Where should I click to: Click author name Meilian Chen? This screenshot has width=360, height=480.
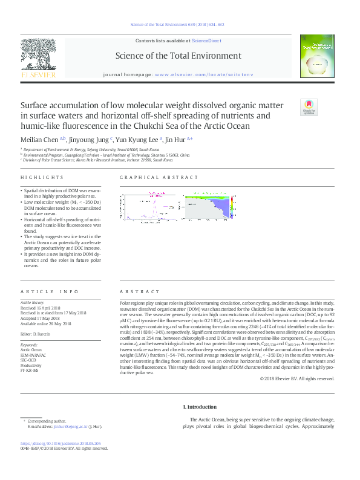(x=38, y=139)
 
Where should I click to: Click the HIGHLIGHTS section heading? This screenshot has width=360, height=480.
(x=42, y=177)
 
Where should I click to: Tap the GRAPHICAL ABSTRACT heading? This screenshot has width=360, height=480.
(x=159, y=177)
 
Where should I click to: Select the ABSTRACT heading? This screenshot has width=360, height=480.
(x=135, y=291)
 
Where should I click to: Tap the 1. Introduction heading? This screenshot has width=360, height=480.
(x=199, y=407)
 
